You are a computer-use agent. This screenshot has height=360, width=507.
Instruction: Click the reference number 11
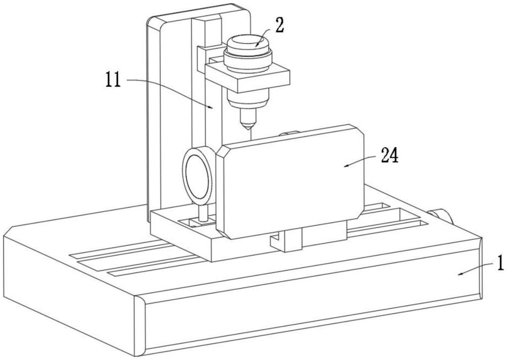coord(113,80)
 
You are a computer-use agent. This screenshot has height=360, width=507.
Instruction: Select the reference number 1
coord(500,264)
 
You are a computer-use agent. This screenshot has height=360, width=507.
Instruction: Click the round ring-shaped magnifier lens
coord(197,175)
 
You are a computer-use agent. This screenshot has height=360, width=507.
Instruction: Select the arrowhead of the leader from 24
coord(344,165)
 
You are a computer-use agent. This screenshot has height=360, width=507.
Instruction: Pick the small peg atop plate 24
coord(289,134)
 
